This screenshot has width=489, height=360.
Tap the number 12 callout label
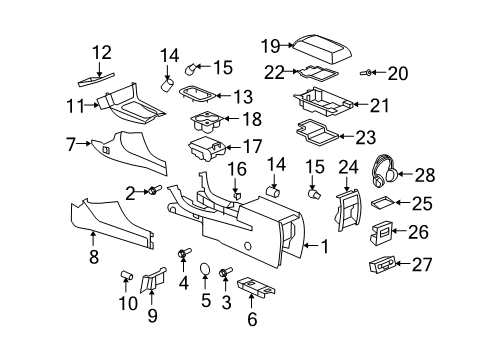pos(102,52)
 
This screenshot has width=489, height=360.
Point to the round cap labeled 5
pos(204,271)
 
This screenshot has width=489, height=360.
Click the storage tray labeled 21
pos(322,102)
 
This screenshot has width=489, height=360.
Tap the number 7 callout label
pos(71,144)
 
